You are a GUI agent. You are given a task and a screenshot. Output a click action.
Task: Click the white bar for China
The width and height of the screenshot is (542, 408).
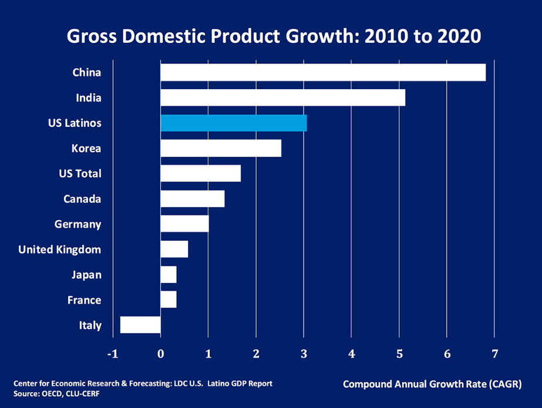point(322,73)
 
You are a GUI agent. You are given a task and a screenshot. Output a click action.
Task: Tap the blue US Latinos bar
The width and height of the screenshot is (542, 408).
point(233,123)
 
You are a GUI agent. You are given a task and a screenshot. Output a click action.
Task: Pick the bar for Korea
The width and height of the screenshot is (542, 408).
point(220,149)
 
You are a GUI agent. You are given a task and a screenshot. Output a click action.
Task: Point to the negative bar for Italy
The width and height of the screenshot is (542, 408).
point(140,325)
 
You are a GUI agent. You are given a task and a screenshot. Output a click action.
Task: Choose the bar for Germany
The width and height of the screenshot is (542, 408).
point(184,224)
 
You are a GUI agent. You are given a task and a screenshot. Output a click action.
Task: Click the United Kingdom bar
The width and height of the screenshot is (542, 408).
point(174,249)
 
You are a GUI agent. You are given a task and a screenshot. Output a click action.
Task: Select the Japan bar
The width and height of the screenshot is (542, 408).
point(168,275)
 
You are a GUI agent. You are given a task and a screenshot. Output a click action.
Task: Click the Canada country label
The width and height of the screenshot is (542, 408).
point(82,199)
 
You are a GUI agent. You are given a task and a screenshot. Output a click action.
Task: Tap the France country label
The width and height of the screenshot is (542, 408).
point(84,300)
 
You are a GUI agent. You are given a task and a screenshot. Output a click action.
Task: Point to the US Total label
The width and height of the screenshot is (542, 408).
point(80,174)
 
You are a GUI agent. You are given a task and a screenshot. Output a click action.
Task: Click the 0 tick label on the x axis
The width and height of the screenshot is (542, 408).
point(160,355)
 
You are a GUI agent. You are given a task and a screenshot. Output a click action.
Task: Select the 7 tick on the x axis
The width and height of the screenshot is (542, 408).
point(494,355)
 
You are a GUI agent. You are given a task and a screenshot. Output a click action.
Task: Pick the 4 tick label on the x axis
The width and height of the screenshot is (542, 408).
point(351,355)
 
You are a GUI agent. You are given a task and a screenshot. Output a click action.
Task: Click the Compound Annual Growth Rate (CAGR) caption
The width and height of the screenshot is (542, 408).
point(432,385)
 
